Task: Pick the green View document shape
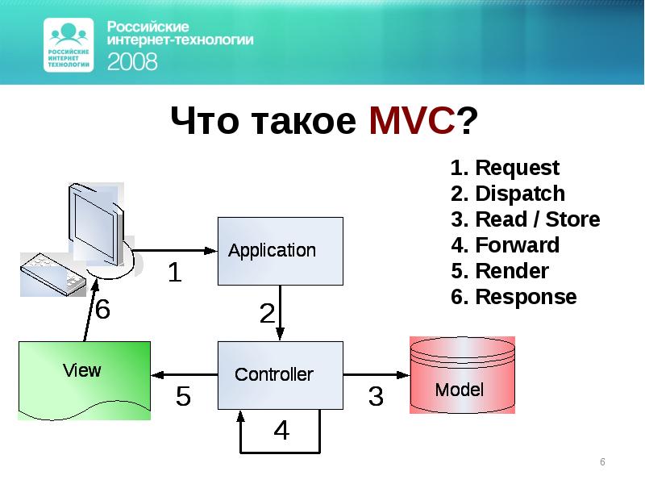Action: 84,378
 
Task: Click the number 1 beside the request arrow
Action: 174,273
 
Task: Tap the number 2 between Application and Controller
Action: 266,313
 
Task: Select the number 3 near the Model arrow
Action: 376,396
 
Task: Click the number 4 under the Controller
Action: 281,431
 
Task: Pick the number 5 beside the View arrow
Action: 184,396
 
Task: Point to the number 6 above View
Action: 103,310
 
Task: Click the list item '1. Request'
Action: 505,168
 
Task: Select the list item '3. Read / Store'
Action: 525,219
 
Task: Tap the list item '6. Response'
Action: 514,297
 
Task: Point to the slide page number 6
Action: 601,461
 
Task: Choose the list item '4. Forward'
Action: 505,245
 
